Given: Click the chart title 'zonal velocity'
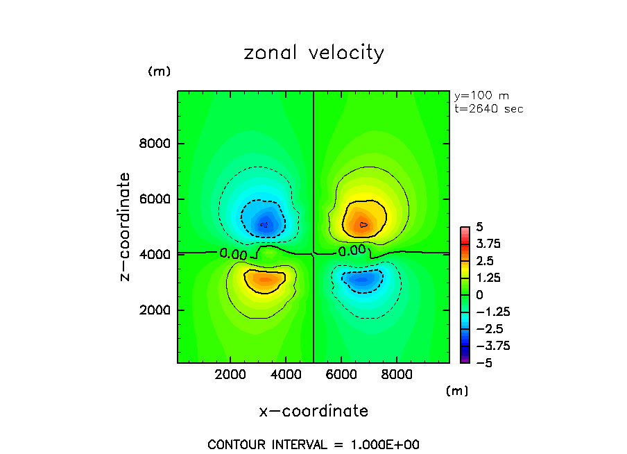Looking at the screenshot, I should pyautogui.click(x=313, y=53).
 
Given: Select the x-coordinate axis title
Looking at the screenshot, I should pyautogui.click(x=313, y=411).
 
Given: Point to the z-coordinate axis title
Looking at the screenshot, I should pyautogui.click(x=126, y=226).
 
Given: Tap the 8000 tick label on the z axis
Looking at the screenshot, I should pyautogui.click(x=158, y=144).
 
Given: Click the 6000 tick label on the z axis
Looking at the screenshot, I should pyautogui.click(x=158, y=199).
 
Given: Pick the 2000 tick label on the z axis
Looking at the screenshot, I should pyautogui.click(x=158, y=310).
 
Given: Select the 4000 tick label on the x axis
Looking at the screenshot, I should pyautogui.click(x=286, y=373).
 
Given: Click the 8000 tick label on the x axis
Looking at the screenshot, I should pyautogui.click(x=396, y=373).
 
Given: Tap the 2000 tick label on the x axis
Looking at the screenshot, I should pyautogui.click(x=231, y=373).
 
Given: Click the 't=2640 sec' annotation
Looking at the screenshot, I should pyautogui.click(x=488, y=109).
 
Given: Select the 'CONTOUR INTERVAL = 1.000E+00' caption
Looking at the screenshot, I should pyautogui.click(x=313, y=445).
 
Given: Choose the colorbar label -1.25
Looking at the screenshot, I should pyautogui.click(x=488, y=312).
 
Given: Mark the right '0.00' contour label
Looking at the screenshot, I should pyautogui.click(x=352, y=251).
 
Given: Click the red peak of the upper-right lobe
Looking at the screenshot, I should pyautogui.click(x=364, y=224).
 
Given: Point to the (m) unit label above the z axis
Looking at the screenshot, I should pyautogui.click(x=159, y=72).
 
